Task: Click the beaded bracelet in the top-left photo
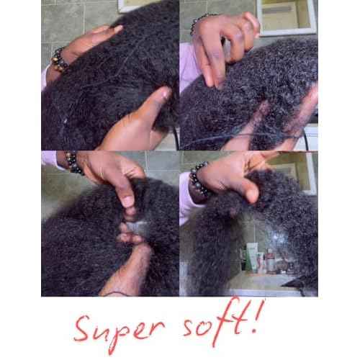coord(59,59)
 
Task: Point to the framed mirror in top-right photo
coord(287,17)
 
